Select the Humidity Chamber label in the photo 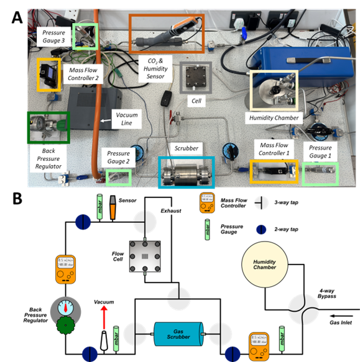[274, 118]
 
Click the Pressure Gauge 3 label [55, 36]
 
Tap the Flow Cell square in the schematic [145, 256]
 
